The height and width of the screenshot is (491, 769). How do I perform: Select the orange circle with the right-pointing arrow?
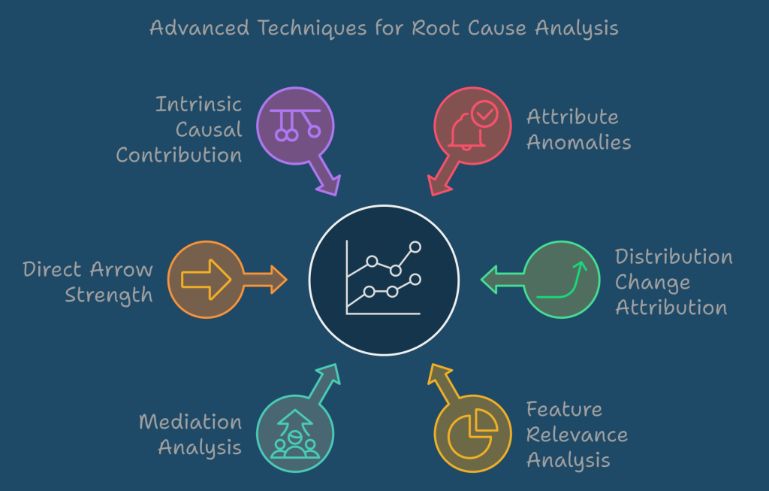pyautogui.click(x=206, y=279)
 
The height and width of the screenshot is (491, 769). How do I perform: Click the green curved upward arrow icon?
pyautogui.click(x=560, y=280)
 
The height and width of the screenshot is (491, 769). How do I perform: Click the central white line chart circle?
pyautogui.click(x=384, y=280)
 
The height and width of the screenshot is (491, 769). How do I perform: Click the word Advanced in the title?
pyautogui.click(x=200, y=29)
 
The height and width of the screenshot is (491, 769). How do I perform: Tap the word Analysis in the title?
pyautogui.click(x=577, y=29)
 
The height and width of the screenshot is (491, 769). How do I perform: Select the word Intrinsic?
pyautogui.click(x=198, y=104)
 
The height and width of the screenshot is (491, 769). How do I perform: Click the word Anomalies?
pyautogui.click(x=578, y=142)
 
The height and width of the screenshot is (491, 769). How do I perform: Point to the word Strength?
pyautogui.click(x=109, y=295)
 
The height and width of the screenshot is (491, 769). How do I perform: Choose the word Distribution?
pyautogui.click(x=674, y=256)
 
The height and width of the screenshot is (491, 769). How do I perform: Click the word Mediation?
pyautogui.click(x=190, y=422)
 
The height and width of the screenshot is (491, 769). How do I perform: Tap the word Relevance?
pyautogui.click(x=577, y=435)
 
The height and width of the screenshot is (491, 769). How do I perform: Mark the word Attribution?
pyautogui.click(x=671, y=308)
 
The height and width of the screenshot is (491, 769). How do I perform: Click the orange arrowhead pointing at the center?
pyautogui.click(x=276, y=280)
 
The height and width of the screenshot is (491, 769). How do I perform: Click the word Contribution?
pyautogui.click(x=179, y=155)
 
